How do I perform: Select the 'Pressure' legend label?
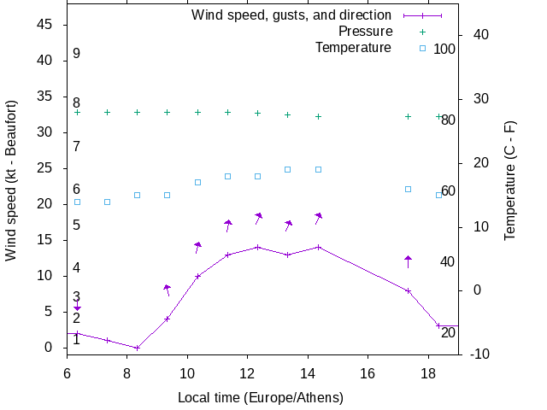365,32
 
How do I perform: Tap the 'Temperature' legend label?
353,48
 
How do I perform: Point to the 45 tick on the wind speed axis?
47,25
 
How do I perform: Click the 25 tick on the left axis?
47,168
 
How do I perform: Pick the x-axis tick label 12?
247,373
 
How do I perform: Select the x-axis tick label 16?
368,373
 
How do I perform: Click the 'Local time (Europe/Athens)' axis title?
261,398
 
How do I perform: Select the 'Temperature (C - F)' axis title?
510,180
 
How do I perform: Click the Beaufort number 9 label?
76,54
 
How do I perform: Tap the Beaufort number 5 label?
76,225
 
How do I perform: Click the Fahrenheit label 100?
444,49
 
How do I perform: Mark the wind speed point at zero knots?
137,348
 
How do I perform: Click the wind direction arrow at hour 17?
408,261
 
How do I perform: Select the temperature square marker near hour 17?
408,189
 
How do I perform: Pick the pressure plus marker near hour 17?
408,116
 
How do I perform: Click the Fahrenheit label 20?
448,332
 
